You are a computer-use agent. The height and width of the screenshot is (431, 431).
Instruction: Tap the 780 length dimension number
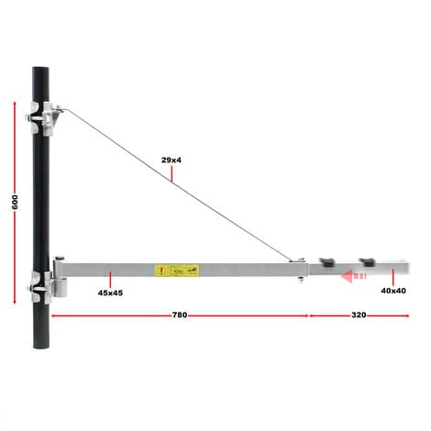pos(179,315)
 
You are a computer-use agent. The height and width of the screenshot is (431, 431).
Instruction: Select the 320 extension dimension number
pos(359,315)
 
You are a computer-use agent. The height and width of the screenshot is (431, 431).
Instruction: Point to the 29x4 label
pos(171,159)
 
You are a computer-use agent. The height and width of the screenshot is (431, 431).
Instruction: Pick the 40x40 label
pos(393,291)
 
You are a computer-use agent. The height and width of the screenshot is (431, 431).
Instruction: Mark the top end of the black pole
pos(40,68)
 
